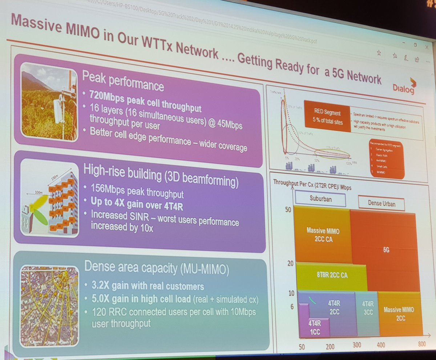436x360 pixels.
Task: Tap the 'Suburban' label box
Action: point(320,198)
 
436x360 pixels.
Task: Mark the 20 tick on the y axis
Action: point(290,263)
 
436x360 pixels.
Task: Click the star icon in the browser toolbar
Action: point(379,53)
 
